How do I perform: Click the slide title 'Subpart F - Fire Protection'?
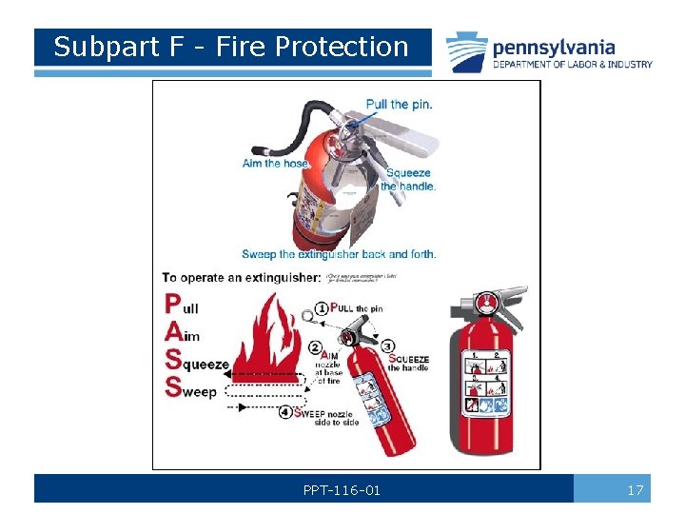click(230, 47)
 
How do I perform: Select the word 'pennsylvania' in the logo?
click(553, 47)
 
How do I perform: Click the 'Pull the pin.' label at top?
click(399, 104)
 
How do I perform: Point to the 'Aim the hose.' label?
click(276, 163)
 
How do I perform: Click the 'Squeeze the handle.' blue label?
click(408, 179)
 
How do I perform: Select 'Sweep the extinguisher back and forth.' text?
click(339, 254)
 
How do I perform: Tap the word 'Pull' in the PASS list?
click(182, 306)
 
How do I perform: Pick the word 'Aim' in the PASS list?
click(182, 334)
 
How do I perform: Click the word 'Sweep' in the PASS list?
click(190, 388)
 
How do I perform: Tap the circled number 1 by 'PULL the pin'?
click(323, 308)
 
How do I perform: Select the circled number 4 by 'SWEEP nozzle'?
click(285, 412)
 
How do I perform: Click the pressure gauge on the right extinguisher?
click(486, 304)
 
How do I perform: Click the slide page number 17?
click(636, 490)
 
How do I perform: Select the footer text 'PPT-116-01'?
click(342, 490)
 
